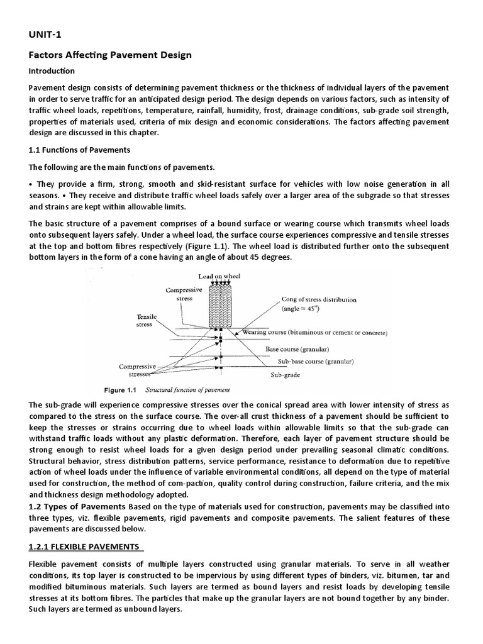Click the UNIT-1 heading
tap(47, 34)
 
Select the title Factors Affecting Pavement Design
tap(110, 55)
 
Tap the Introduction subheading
tap(52, 70)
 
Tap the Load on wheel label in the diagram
tap(219, 276)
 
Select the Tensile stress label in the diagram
tap(147, 321)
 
